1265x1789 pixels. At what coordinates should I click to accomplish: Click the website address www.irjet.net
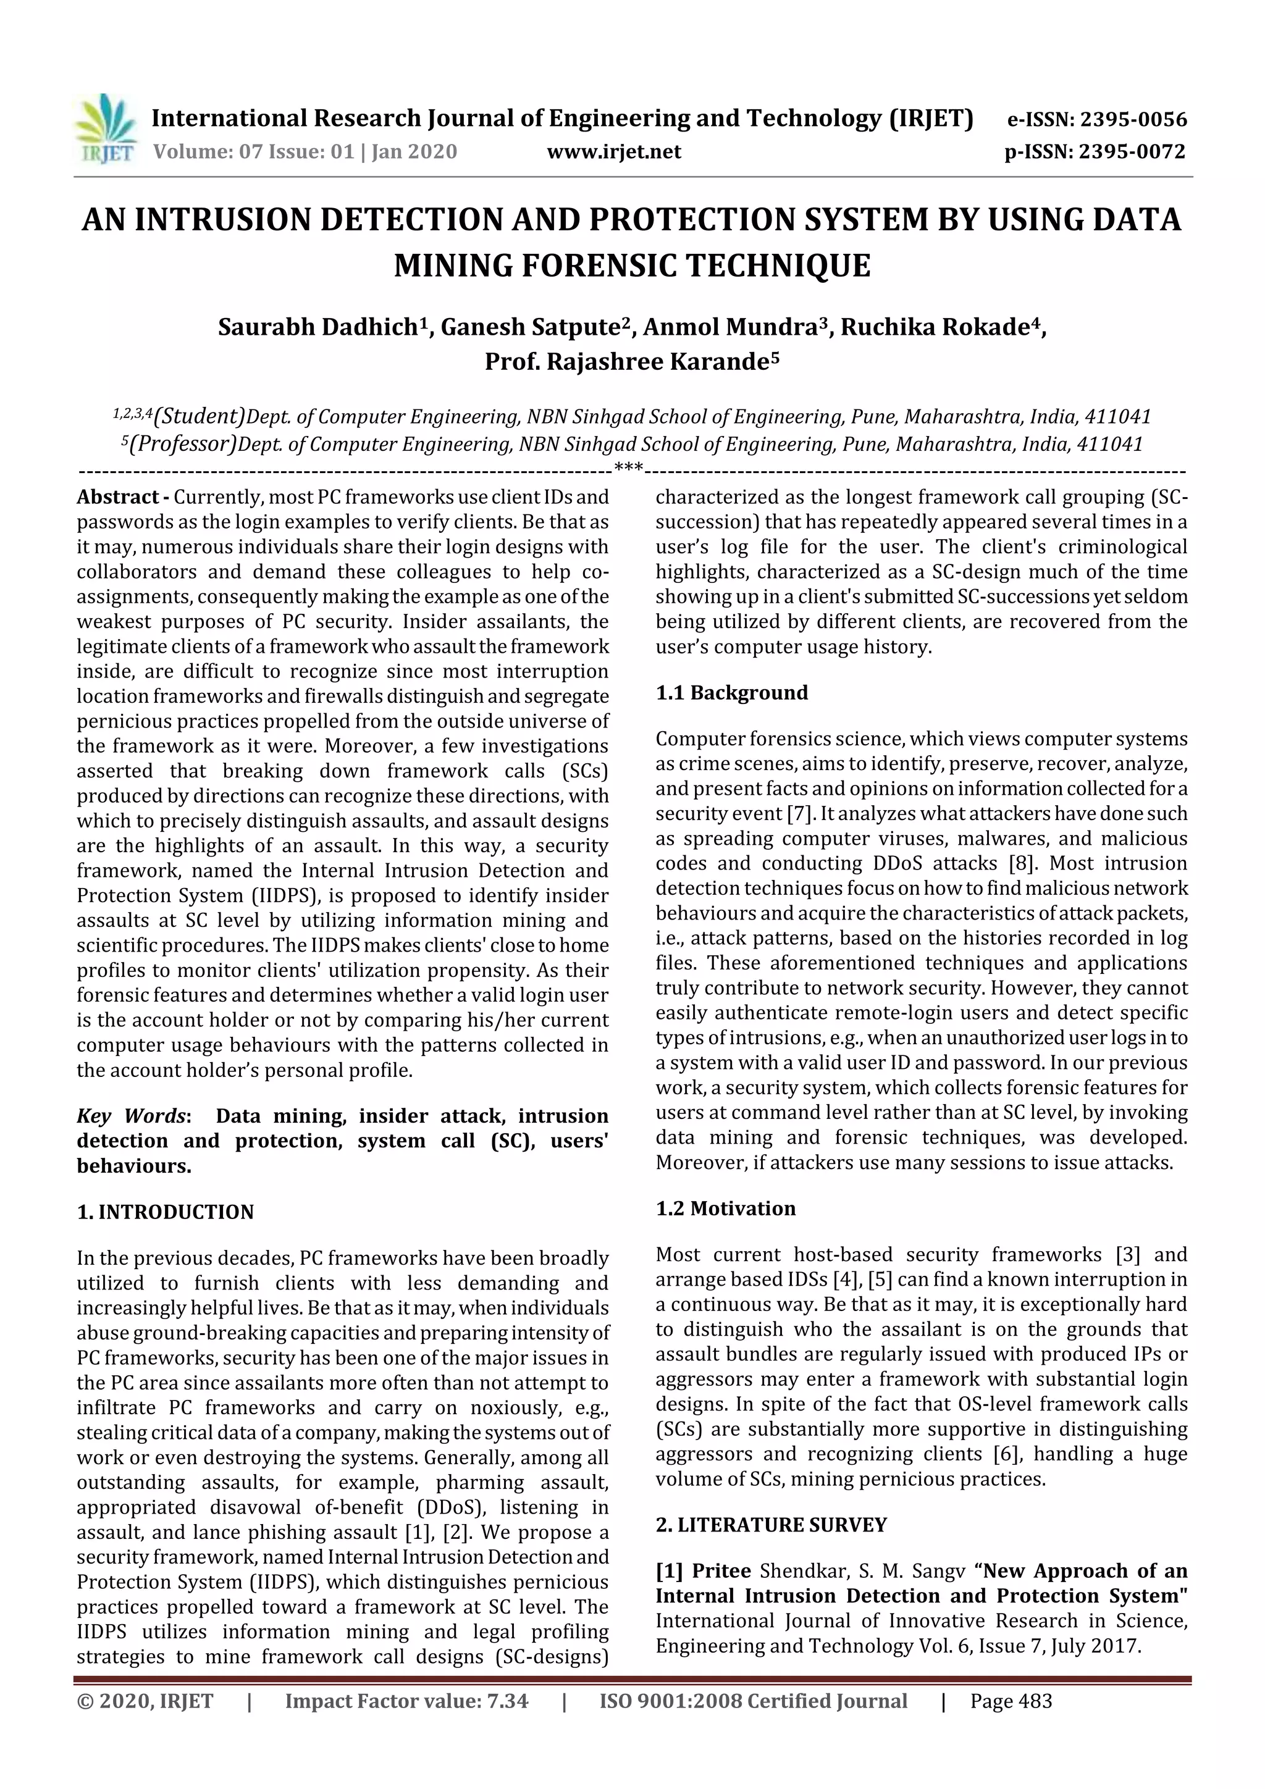coord(613,152)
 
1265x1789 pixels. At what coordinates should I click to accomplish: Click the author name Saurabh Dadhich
coord(318,327)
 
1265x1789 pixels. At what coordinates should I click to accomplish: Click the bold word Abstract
coord(117,497)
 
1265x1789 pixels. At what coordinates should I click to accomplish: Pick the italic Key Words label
coord(131,1116)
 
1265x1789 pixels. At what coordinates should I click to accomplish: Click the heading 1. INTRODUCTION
coord(166,1212)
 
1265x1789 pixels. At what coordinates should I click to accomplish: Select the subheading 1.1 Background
coord(732,693)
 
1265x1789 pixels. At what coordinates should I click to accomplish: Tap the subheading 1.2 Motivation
coord(726,1209)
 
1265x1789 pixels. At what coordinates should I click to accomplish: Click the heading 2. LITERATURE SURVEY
coord(771,1525)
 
